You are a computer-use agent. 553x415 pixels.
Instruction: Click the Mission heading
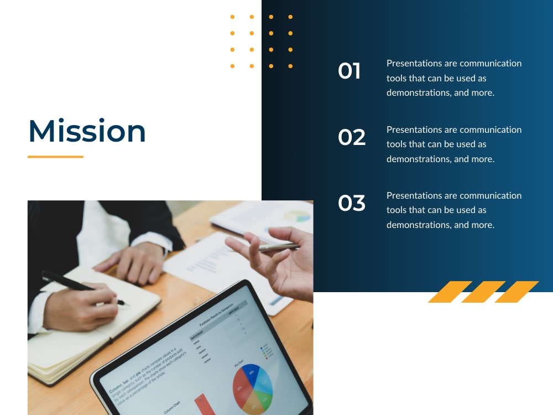(x=87, y=131)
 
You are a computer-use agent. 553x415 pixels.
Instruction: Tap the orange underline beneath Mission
(x=55, y=157)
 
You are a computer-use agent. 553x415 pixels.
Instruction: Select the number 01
(x=349, y=71)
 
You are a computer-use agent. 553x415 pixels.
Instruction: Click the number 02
(x=352, y=137)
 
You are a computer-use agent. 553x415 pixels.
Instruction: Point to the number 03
(x=352, y=203)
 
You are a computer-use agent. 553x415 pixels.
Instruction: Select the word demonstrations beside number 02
(x=419, y=159)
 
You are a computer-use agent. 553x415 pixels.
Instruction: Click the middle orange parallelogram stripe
(x=483, y=292)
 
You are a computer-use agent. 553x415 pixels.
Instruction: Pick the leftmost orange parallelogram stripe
(x=450, y=292)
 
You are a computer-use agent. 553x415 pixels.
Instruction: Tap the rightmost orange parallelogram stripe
(x=517, y=292)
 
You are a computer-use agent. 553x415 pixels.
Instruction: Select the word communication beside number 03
(x=491, y=195)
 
